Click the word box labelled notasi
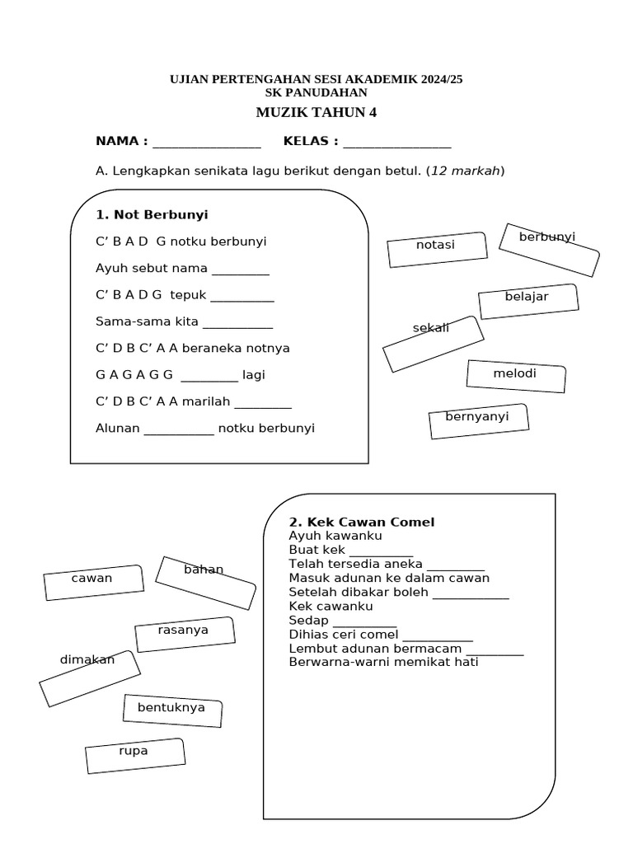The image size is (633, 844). pyautogui.click(x=436, y=250)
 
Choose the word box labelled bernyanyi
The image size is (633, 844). pyautogui.click(x=478, y=420)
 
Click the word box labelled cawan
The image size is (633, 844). pyautogui.click(x=93, y=582)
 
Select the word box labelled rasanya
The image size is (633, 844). pyautogui.click(x=185, y=634)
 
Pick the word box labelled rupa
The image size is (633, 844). pyautogui.click(x=134, y=755)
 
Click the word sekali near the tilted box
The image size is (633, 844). pyautogui.click(x=431, y=328)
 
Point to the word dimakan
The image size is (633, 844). pyautogui.click(x=87, y=659)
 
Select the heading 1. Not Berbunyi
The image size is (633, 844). pyautogui.click(x=152, y=214)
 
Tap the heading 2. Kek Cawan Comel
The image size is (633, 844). pyautogui.click(x=361, y=522)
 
